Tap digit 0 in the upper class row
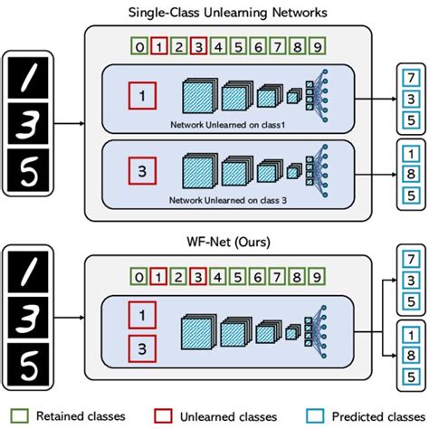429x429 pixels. click(138, 45)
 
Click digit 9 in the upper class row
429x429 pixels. click(314, 45)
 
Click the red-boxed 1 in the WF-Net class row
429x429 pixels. click(157, 276)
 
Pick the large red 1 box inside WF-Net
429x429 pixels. click(140, 315)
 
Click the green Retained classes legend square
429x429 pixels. click(22, 416)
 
